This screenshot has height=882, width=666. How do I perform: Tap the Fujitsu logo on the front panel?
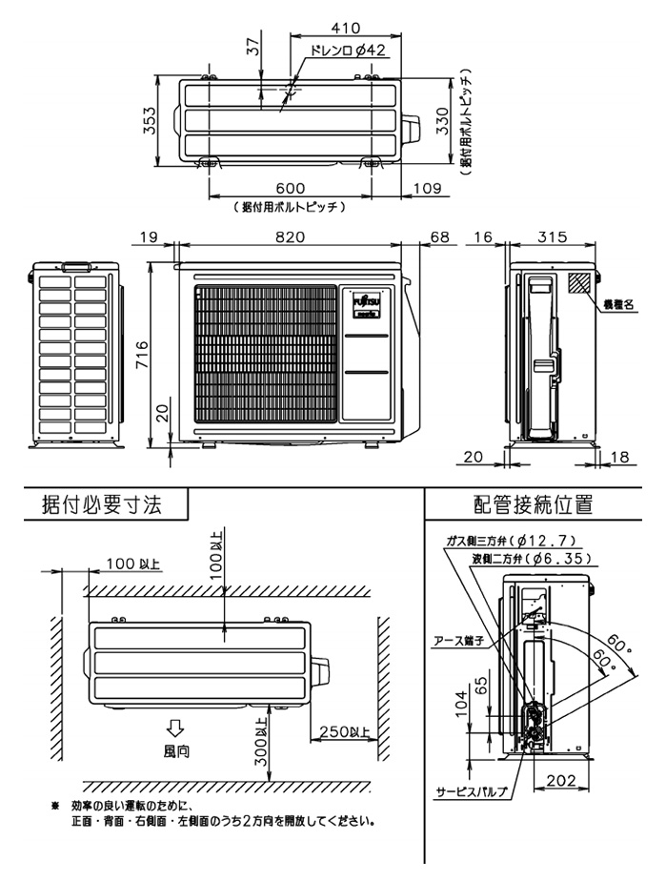366,297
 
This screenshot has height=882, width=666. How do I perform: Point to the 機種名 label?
619,304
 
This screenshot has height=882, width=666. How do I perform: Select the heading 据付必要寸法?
102,504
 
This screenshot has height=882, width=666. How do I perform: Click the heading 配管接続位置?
533,504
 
